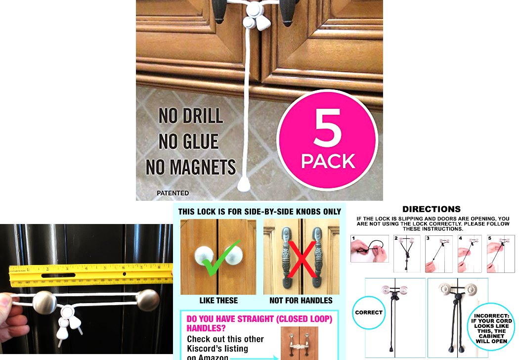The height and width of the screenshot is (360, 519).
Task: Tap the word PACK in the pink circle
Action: coord(328,161)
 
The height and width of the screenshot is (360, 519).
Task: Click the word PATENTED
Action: coord(173,193)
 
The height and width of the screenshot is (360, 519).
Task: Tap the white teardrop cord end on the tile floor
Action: coord(244,185)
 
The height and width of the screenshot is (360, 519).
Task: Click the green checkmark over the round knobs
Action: coord(220,258)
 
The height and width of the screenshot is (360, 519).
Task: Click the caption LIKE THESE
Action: coord(218,301)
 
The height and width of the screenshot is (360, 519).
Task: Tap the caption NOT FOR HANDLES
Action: coord(301,301)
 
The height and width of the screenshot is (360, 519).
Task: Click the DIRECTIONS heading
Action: coord(432,209)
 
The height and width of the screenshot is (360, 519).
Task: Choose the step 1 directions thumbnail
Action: coord(370,248)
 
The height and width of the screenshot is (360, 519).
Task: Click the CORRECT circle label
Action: coord(369,313)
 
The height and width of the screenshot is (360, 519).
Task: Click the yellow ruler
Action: coord(89,275)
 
